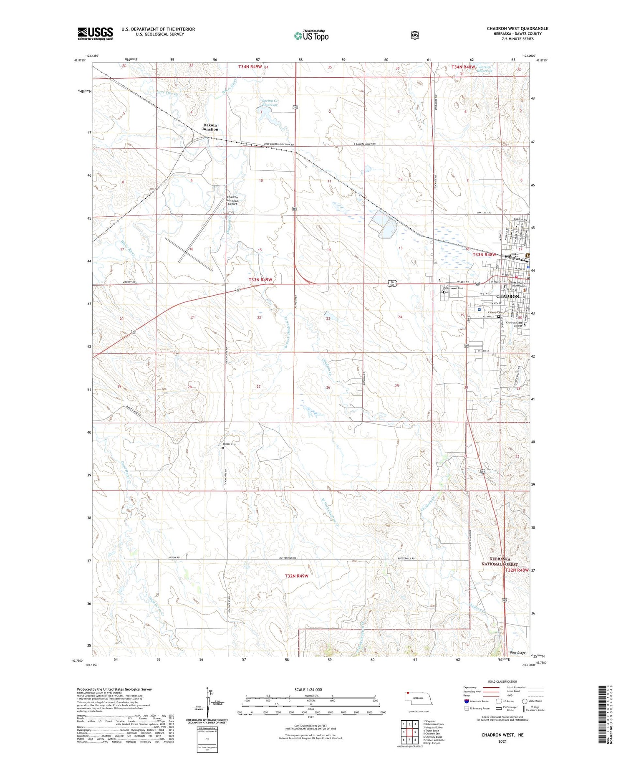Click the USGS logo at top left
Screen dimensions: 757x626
pos(95,33)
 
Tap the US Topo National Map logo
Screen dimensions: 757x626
pos(311,35)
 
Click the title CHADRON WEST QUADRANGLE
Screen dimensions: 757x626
pos(517,28)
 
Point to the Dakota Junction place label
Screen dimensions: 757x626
pos(210,127)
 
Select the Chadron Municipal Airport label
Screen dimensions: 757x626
pos(232,200)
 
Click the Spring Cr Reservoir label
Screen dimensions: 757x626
pos(270,103)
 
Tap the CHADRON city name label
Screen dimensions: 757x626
pos(507,296)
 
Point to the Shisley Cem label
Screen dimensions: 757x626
pos(229,444)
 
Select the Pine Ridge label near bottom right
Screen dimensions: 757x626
pos(517,653)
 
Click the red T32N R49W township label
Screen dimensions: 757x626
pos(296,576)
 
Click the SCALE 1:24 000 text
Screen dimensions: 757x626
pos(308,689)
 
